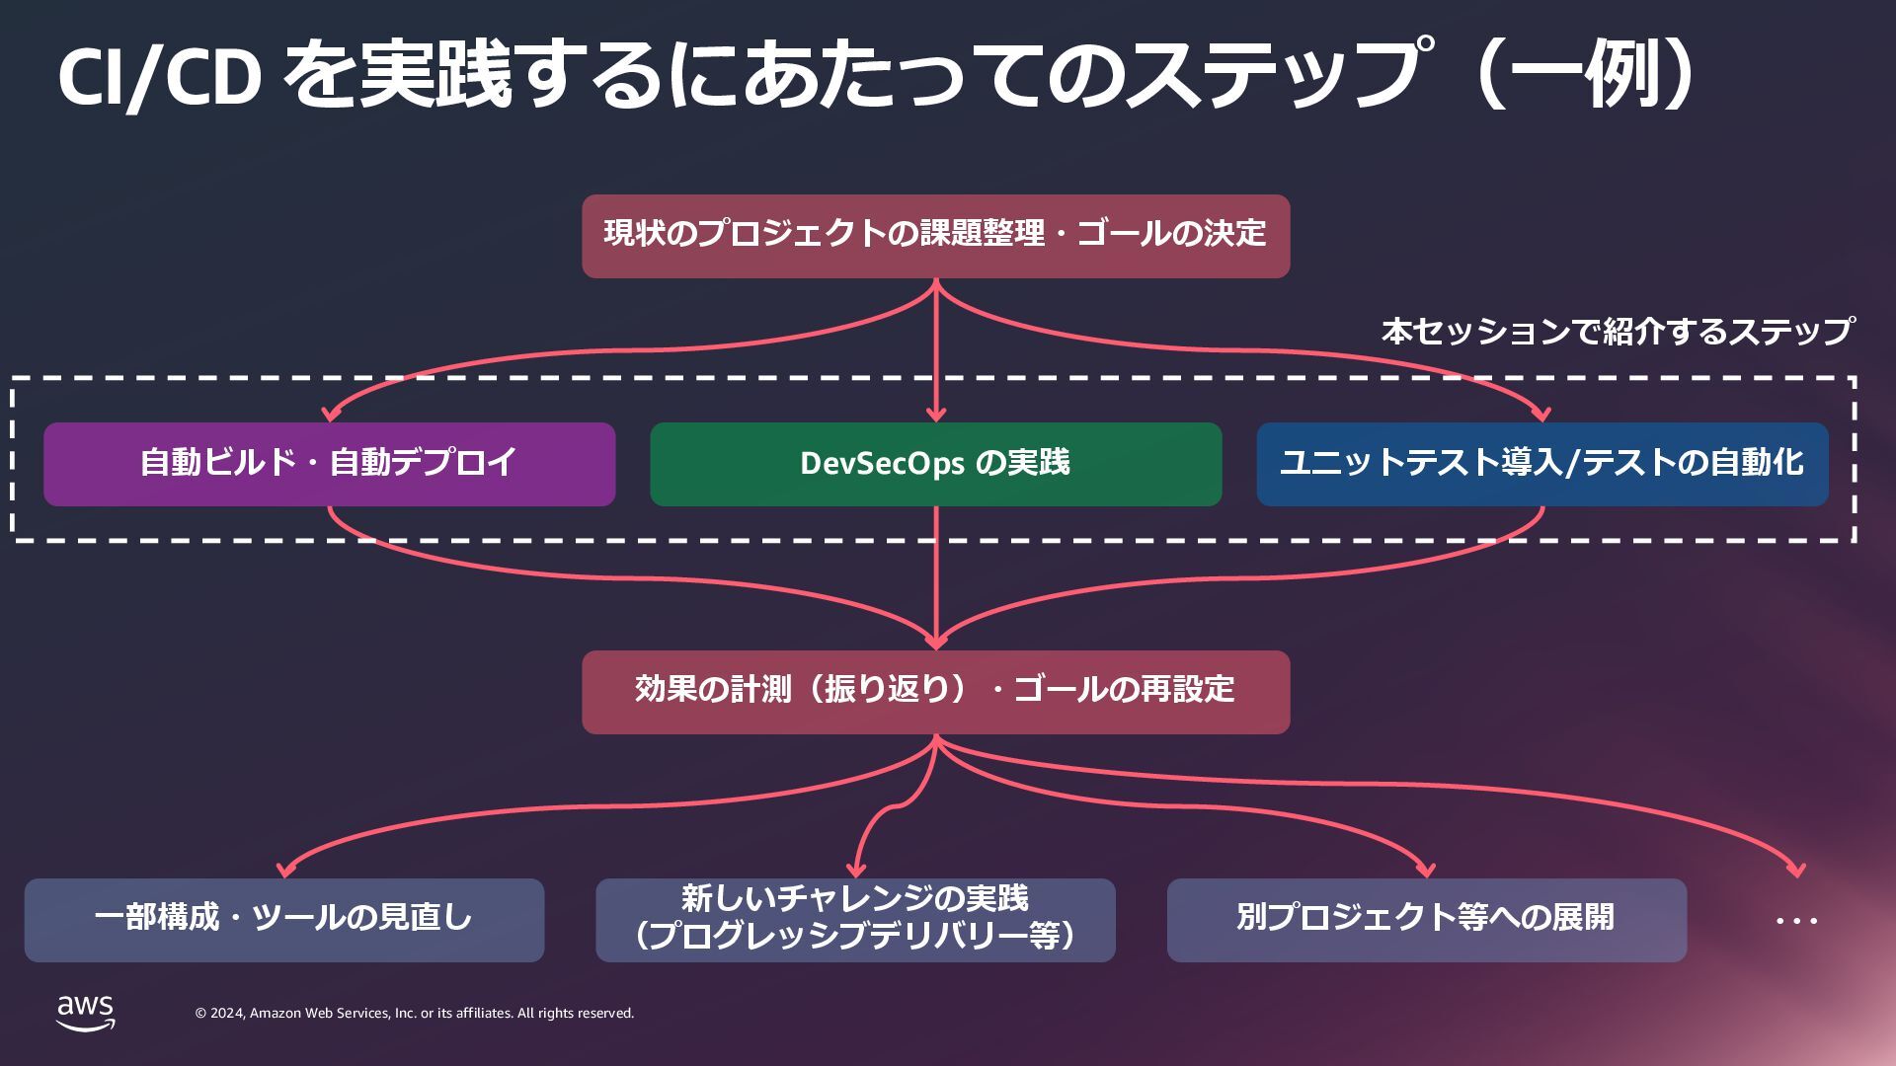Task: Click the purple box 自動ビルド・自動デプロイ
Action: point(329,464)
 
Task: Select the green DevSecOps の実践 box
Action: point(935,464)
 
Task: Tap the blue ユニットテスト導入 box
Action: point(1541,464)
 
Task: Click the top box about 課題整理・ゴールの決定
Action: point(935,236)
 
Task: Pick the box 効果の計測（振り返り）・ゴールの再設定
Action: point(935,692)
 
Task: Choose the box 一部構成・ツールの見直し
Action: point(283,920)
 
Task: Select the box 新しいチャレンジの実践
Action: point(855,920)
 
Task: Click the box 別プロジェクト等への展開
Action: point(1426,920)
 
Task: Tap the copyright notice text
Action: point(415,1014)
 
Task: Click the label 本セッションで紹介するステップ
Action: point(1617,332)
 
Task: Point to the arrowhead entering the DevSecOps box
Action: point(936,414)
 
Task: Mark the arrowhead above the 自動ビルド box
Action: point(332,414)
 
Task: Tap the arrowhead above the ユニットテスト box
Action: point(1541,414)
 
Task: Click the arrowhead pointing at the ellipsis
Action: point(1796,870)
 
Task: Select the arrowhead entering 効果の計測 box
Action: point(935,641)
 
